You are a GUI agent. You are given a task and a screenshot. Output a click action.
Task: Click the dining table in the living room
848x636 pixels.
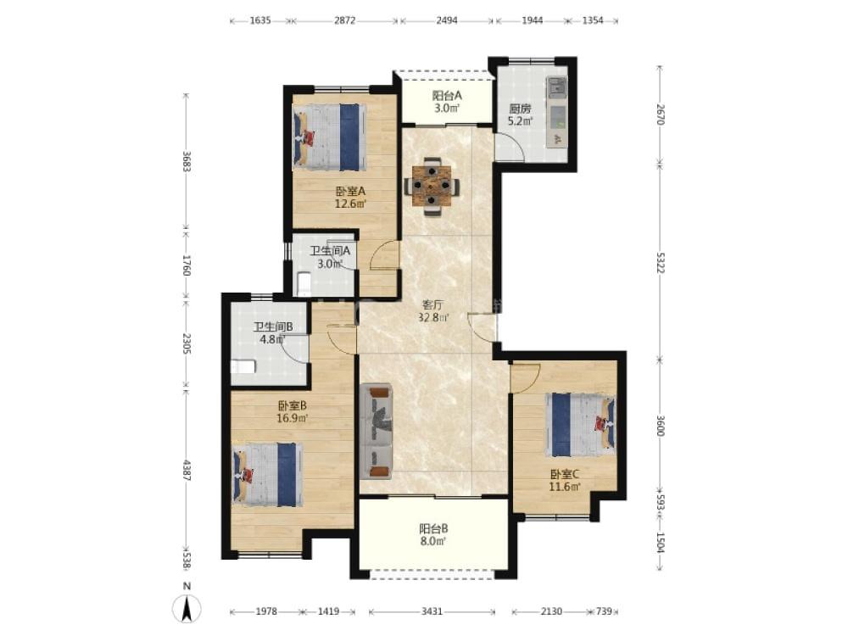(x=432, y=186)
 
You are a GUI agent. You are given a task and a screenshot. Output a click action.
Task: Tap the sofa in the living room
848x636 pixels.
(x=376, y=431)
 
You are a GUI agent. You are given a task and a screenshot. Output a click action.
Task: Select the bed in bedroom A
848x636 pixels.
(x=329, y=137)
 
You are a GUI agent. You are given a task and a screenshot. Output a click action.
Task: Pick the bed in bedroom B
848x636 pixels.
(x=267, y=474)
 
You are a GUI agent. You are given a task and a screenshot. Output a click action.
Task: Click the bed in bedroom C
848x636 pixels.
(x=580, y=425)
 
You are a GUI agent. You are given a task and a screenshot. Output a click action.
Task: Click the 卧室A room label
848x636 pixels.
(x=350, y=191)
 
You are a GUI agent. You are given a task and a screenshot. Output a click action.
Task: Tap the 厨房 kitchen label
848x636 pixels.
(x=520, y=109)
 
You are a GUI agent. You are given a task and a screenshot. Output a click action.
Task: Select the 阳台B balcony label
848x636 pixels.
(x=433, y=527)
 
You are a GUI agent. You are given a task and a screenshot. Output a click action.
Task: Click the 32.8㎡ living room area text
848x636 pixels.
(x=433, y=317)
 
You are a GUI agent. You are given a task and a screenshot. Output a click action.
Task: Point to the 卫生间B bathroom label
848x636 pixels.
(x=273, y=326)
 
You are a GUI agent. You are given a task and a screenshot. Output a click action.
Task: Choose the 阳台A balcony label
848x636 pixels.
(x=447, y=95)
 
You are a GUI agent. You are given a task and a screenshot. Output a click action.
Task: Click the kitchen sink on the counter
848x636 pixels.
(x=557, y=86)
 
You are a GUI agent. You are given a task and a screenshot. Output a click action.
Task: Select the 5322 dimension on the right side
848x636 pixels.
(x=660, y=262)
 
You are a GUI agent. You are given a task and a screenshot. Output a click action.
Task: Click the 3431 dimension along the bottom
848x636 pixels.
(x=432, y=611)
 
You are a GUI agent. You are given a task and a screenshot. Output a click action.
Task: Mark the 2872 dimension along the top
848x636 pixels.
(x=344, y=20)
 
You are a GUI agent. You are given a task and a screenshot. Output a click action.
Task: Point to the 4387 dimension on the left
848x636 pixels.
(x=186, y=471)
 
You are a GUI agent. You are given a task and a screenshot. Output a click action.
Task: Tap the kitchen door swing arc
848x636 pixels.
(x=510, y=147)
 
